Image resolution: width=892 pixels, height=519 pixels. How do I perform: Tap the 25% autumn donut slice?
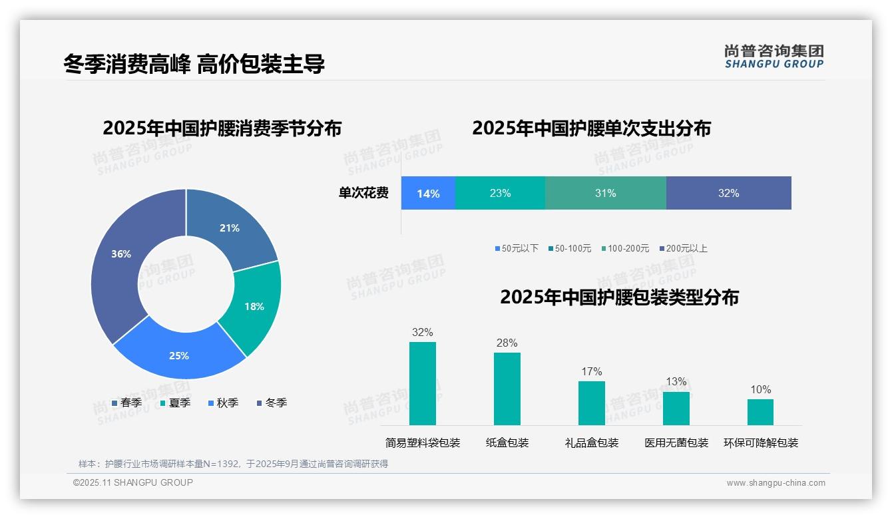tap(178, 356)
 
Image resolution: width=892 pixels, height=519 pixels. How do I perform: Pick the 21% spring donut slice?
tap(230, 228)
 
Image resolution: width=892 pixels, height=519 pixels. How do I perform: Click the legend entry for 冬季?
tap(272, 403)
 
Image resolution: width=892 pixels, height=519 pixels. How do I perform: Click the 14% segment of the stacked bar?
tap(428, 194)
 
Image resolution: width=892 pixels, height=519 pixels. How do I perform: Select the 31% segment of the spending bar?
tap(605, 194)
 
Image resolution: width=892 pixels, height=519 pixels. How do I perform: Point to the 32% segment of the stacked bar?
tap(728, 194)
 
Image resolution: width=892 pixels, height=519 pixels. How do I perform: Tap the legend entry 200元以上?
tap(683, 248)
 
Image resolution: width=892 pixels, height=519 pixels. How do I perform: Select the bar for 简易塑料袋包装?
tap(422, 383)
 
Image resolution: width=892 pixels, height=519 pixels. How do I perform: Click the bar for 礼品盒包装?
tap(591, 403)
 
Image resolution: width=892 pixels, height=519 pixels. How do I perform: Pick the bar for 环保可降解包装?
tap(760, 412)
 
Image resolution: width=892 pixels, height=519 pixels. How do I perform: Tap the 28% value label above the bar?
tap(507, 343)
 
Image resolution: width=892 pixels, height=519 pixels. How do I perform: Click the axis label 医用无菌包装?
tap(676, 442)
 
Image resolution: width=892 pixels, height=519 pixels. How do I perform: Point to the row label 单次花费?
tap(363, 194)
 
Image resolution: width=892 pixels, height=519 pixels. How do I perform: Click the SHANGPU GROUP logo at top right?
tap(774, 57)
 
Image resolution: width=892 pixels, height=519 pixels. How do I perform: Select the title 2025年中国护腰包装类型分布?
tap(619, 297)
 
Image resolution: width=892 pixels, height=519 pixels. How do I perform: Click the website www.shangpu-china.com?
tap(776, 483)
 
